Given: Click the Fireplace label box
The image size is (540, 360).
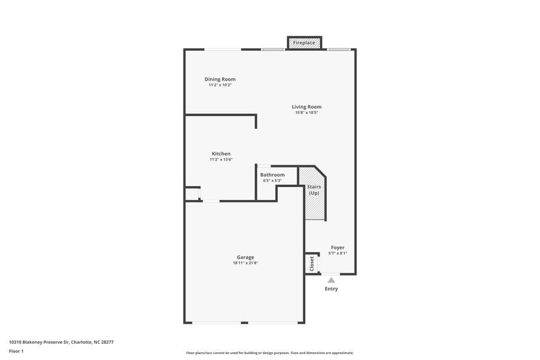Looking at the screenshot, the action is click(304, 43).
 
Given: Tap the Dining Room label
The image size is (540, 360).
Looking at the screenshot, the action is click(220, 79).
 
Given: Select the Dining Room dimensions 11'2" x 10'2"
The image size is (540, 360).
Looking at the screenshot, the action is click(220, 85).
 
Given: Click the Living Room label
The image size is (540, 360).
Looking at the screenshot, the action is click(306, 107).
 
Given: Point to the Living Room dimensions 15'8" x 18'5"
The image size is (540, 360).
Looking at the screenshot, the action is click(306, 113).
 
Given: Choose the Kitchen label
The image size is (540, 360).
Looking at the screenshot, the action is click(221, 154).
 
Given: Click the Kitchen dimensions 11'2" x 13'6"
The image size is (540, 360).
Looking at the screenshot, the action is click(221, 159).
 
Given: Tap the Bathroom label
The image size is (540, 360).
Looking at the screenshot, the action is click(273, 174).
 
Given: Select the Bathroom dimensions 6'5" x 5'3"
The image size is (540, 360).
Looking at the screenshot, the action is click(273, 180).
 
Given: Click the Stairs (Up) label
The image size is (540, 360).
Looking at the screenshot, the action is click(314, 190).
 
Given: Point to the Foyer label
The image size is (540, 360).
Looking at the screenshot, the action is click(338, 247).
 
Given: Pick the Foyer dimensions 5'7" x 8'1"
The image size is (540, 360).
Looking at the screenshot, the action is click(338, 253).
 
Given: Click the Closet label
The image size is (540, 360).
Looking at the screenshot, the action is click(312, 264).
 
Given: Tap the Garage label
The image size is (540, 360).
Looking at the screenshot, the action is click(245, 257).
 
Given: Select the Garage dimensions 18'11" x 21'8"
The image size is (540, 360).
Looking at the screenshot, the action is click(245, 263).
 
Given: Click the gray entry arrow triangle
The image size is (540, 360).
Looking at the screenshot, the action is click(331, 280).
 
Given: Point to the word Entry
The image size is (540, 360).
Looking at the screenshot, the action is click(331, 288).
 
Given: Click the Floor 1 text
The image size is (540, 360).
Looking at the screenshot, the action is click(16, 352).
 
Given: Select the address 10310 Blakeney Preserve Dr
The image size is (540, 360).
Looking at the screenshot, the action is click(39, 342).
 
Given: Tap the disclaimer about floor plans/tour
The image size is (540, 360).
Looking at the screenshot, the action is click(270, 353).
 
